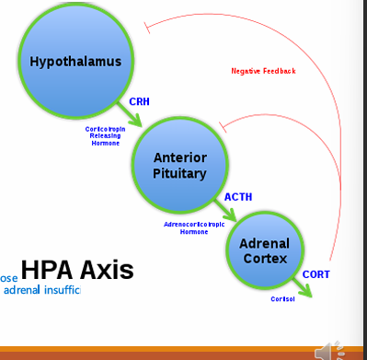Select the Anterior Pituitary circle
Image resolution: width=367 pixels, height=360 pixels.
(179, 166)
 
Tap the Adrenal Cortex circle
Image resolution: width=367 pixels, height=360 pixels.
(265, 250)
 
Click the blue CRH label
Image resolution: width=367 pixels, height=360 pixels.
(140, 101)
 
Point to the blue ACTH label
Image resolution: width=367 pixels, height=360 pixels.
(238, 197)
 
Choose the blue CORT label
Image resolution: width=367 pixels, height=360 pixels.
(315, 273)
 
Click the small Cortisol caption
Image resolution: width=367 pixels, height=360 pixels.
(282, 299)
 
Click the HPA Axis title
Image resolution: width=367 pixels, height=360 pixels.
(77, 270)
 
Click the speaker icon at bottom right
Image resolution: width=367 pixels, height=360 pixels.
(327, 351)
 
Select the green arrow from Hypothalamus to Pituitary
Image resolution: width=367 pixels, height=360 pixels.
(132, 115)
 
